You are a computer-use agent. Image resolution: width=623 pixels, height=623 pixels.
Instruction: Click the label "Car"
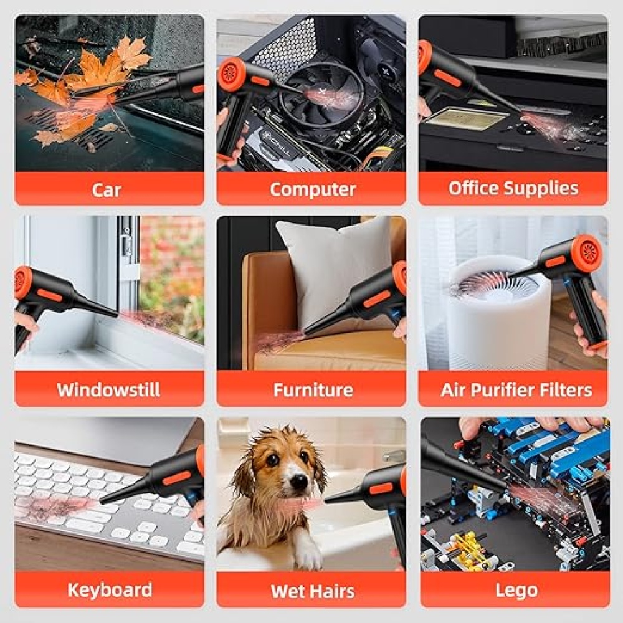click(x=106, y=189)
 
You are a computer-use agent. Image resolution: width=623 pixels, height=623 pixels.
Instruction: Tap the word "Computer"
click(x=313, y=189)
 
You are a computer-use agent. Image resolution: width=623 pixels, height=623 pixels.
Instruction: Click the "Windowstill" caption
click(x=108, y=390)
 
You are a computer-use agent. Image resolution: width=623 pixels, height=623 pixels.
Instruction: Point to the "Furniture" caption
click(x=313, y=390)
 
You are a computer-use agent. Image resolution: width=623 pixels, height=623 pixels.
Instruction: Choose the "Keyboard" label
click(x=110, y=589)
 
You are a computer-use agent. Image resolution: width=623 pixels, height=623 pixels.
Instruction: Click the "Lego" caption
click(x=516, y=591)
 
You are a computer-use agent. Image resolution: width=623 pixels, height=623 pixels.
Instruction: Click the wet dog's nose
click(x=297, y=481)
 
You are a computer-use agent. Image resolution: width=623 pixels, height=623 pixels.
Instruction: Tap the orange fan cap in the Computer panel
click(x=231, y=74)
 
